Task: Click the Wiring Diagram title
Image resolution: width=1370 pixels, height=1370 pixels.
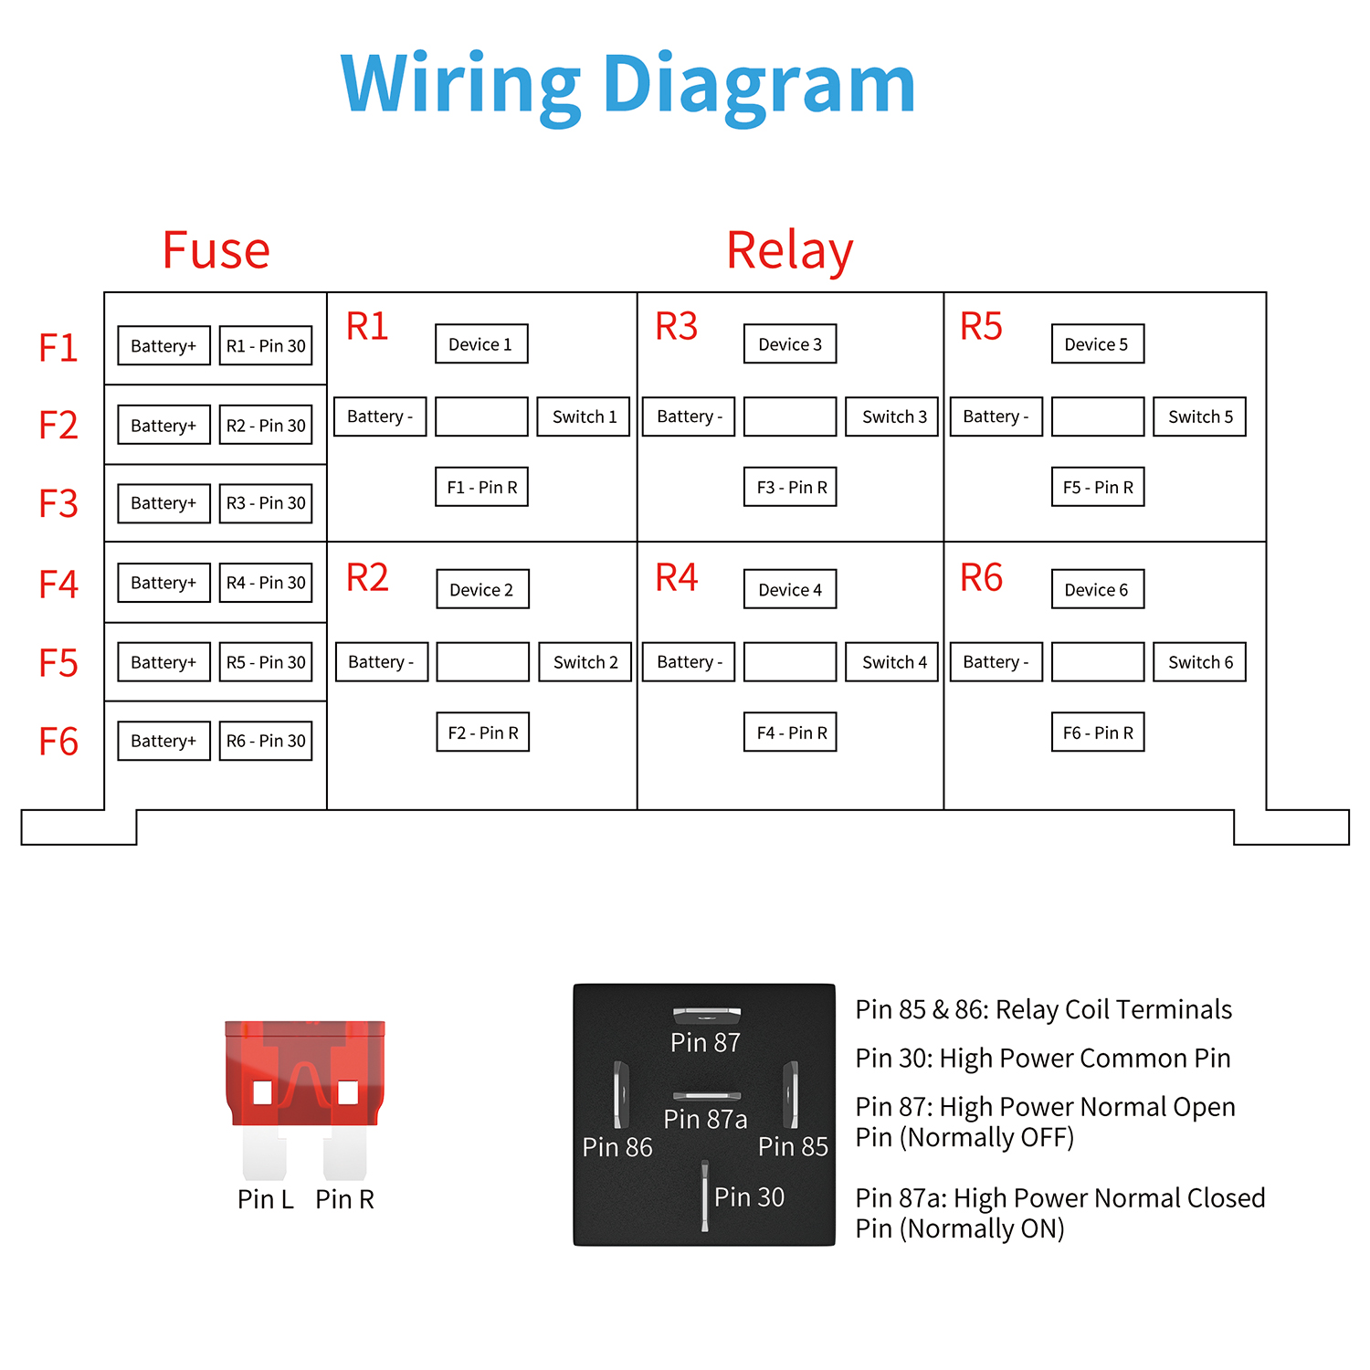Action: point(627,85)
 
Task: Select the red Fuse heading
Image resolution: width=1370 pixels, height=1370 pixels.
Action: point(216,250)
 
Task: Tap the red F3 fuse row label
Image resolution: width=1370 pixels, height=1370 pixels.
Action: point(58,504)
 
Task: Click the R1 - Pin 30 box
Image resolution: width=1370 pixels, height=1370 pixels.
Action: point(266,346)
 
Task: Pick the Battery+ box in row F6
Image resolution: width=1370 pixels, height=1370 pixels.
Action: point(163,741)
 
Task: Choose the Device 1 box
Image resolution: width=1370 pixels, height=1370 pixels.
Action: point(481,344)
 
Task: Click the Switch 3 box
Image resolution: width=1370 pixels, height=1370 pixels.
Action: point(892,416)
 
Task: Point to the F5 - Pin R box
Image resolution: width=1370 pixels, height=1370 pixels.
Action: point(1098,488)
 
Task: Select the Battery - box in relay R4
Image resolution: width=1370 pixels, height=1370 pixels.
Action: point(689,662)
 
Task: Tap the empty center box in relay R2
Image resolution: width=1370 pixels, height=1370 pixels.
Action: point(482,662)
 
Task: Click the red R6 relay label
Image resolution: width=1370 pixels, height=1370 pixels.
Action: point(981,578)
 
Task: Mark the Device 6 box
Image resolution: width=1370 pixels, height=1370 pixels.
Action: point(1097,590)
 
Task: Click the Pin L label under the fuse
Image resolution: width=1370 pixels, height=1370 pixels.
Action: point(265,1199)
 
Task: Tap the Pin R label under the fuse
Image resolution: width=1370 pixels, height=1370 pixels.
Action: point(344,1199)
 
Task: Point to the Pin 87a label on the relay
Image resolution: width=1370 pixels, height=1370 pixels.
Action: point(705,1119)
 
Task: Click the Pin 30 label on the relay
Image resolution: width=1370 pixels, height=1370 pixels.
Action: point(749,1196)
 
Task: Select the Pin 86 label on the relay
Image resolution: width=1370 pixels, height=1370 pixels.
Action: point(617,1147)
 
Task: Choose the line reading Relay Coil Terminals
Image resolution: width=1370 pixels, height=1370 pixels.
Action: point(1043,1009)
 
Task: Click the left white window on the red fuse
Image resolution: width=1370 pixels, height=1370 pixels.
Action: point(263,1092)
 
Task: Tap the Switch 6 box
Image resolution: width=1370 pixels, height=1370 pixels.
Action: point(1199,662)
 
